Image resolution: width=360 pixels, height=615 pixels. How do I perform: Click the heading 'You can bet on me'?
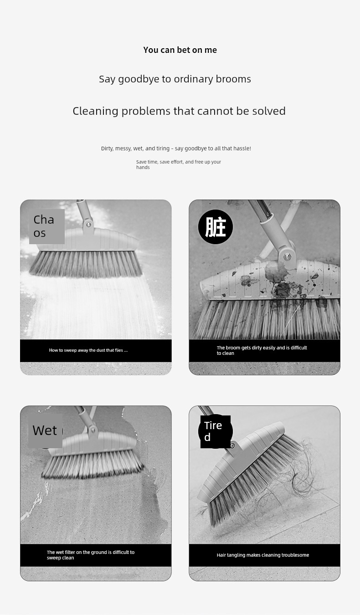180,50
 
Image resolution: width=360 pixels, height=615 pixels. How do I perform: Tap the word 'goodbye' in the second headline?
139,79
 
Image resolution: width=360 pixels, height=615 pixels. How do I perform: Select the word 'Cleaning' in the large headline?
96,111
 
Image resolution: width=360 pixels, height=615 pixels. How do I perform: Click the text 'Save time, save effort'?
160,162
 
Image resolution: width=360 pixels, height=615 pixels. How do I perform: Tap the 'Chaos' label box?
47,226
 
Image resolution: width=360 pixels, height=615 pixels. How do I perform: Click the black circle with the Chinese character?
216,227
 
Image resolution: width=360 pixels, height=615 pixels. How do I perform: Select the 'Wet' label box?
45,431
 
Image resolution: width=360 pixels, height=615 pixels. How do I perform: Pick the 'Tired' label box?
215,431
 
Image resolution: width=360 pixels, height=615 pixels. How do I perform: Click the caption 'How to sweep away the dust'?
88,350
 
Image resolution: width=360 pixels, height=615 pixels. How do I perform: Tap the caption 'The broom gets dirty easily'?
262,350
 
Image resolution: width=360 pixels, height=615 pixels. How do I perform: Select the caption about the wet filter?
91,555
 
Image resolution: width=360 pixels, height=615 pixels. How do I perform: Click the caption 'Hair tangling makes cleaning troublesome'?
263,555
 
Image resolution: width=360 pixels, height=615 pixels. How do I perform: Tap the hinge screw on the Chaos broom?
88,225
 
